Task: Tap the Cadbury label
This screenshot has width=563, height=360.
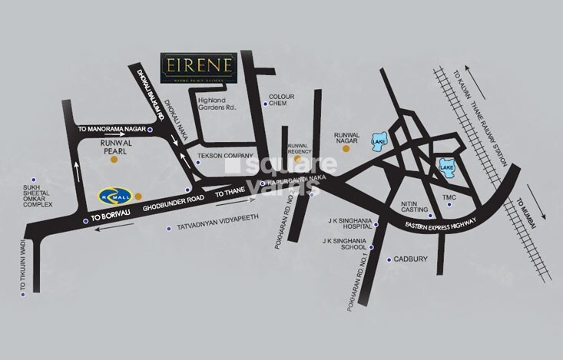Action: pos(412,259)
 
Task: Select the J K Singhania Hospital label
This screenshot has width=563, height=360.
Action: pos(347,226)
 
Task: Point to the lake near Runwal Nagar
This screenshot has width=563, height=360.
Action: pos(379,144)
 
